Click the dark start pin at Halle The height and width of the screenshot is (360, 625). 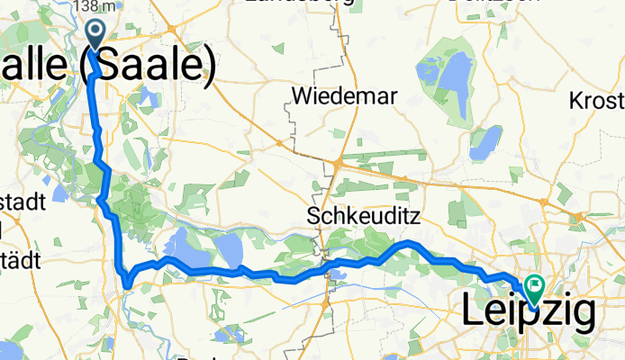coord(95,35)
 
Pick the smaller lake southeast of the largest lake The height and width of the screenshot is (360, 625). coord(486,140)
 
